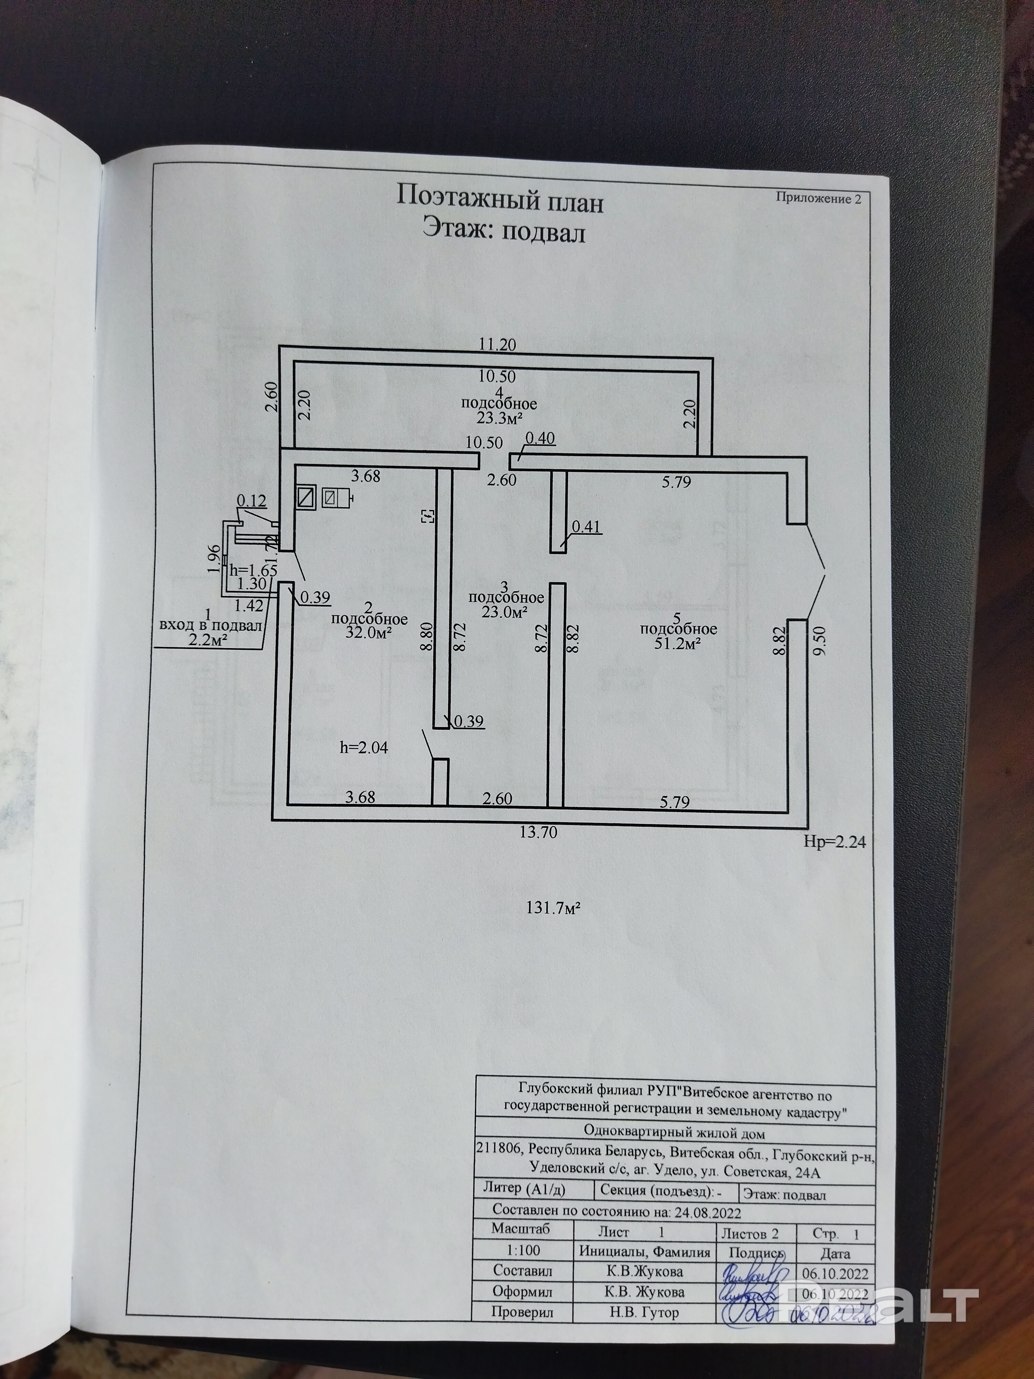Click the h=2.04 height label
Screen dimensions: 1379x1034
click(x=364, y=747)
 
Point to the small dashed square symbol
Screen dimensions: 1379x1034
click(x=428, y=515)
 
